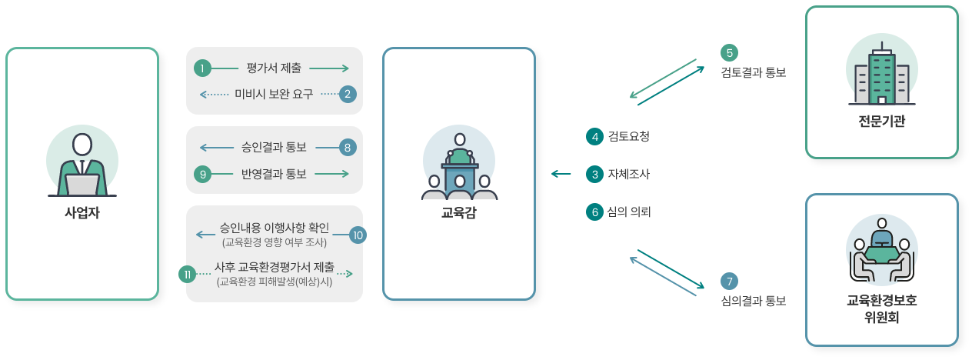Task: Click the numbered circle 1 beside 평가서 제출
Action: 201,68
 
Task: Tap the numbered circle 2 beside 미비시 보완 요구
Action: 348,94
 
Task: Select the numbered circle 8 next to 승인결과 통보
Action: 348,147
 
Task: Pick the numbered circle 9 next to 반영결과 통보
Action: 202,174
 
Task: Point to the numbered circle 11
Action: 188,274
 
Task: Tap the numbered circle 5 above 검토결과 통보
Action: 729,52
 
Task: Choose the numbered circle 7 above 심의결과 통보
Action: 729,282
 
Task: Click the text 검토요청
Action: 628,137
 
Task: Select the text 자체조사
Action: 628,175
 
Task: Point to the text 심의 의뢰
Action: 629,212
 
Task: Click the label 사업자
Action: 82,213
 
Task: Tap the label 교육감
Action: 459,213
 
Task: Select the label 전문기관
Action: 881,122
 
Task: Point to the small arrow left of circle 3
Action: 561,174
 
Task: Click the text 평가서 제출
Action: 274,68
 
